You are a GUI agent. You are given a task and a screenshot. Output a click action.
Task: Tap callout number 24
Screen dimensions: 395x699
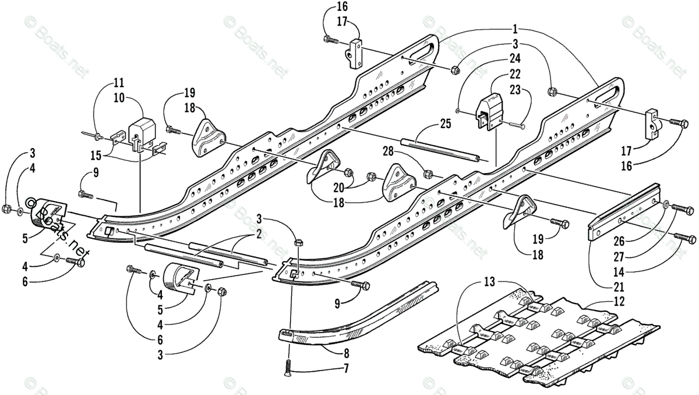514,58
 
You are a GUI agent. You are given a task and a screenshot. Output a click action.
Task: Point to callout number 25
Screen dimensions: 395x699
445,125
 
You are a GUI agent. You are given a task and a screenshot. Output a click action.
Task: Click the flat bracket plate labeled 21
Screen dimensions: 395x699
623,213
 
